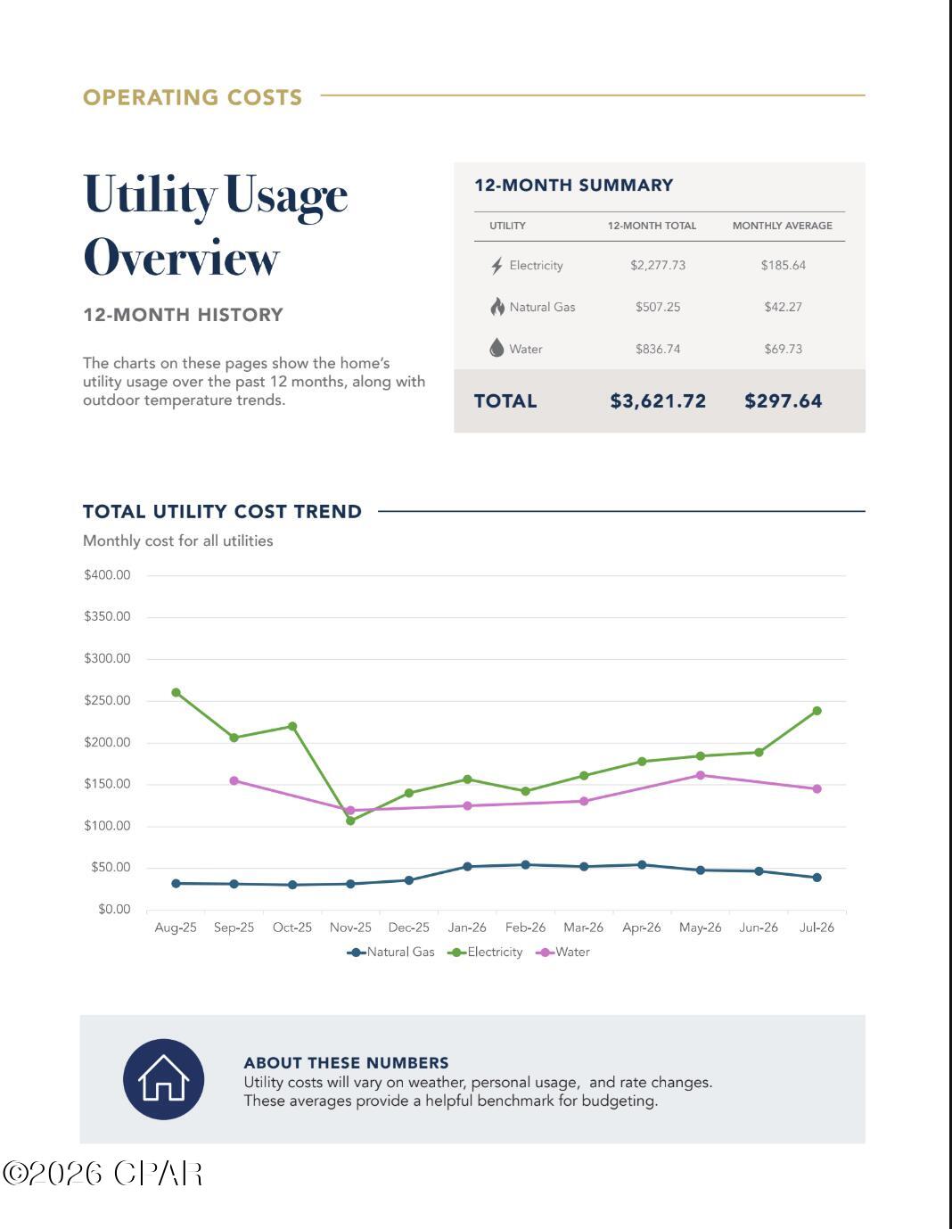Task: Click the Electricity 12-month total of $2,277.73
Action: coord(658,265)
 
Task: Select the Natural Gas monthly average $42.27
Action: coord(783,307)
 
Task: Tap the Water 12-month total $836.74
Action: coord(658,349)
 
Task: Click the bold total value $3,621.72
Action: coord(658,401)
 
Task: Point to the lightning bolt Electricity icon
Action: coord(497,266)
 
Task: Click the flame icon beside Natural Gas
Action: coord(497,307)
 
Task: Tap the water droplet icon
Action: coord(497,348)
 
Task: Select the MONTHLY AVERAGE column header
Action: coord(783,226)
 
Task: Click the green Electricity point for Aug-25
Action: coord(176,692)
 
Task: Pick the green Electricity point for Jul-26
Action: coord(817,710)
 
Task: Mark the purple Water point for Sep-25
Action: coord(234,780)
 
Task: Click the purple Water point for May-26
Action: coord(701,775)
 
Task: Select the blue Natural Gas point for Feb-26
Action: coord(525,864)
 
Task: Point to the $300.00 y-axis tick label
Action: coord(107,658)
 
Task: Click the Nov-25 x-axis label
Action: coord(350,928)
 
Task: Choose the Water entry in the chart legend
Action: coord(562,952)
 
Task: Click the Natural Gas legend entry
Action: coord(391,952)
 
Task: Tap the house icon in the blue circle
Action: coord(163,1077)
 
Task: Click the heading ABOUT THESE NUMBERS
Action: coord(347,1063)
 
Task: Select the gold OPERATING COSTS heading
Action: coord(193,97)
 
